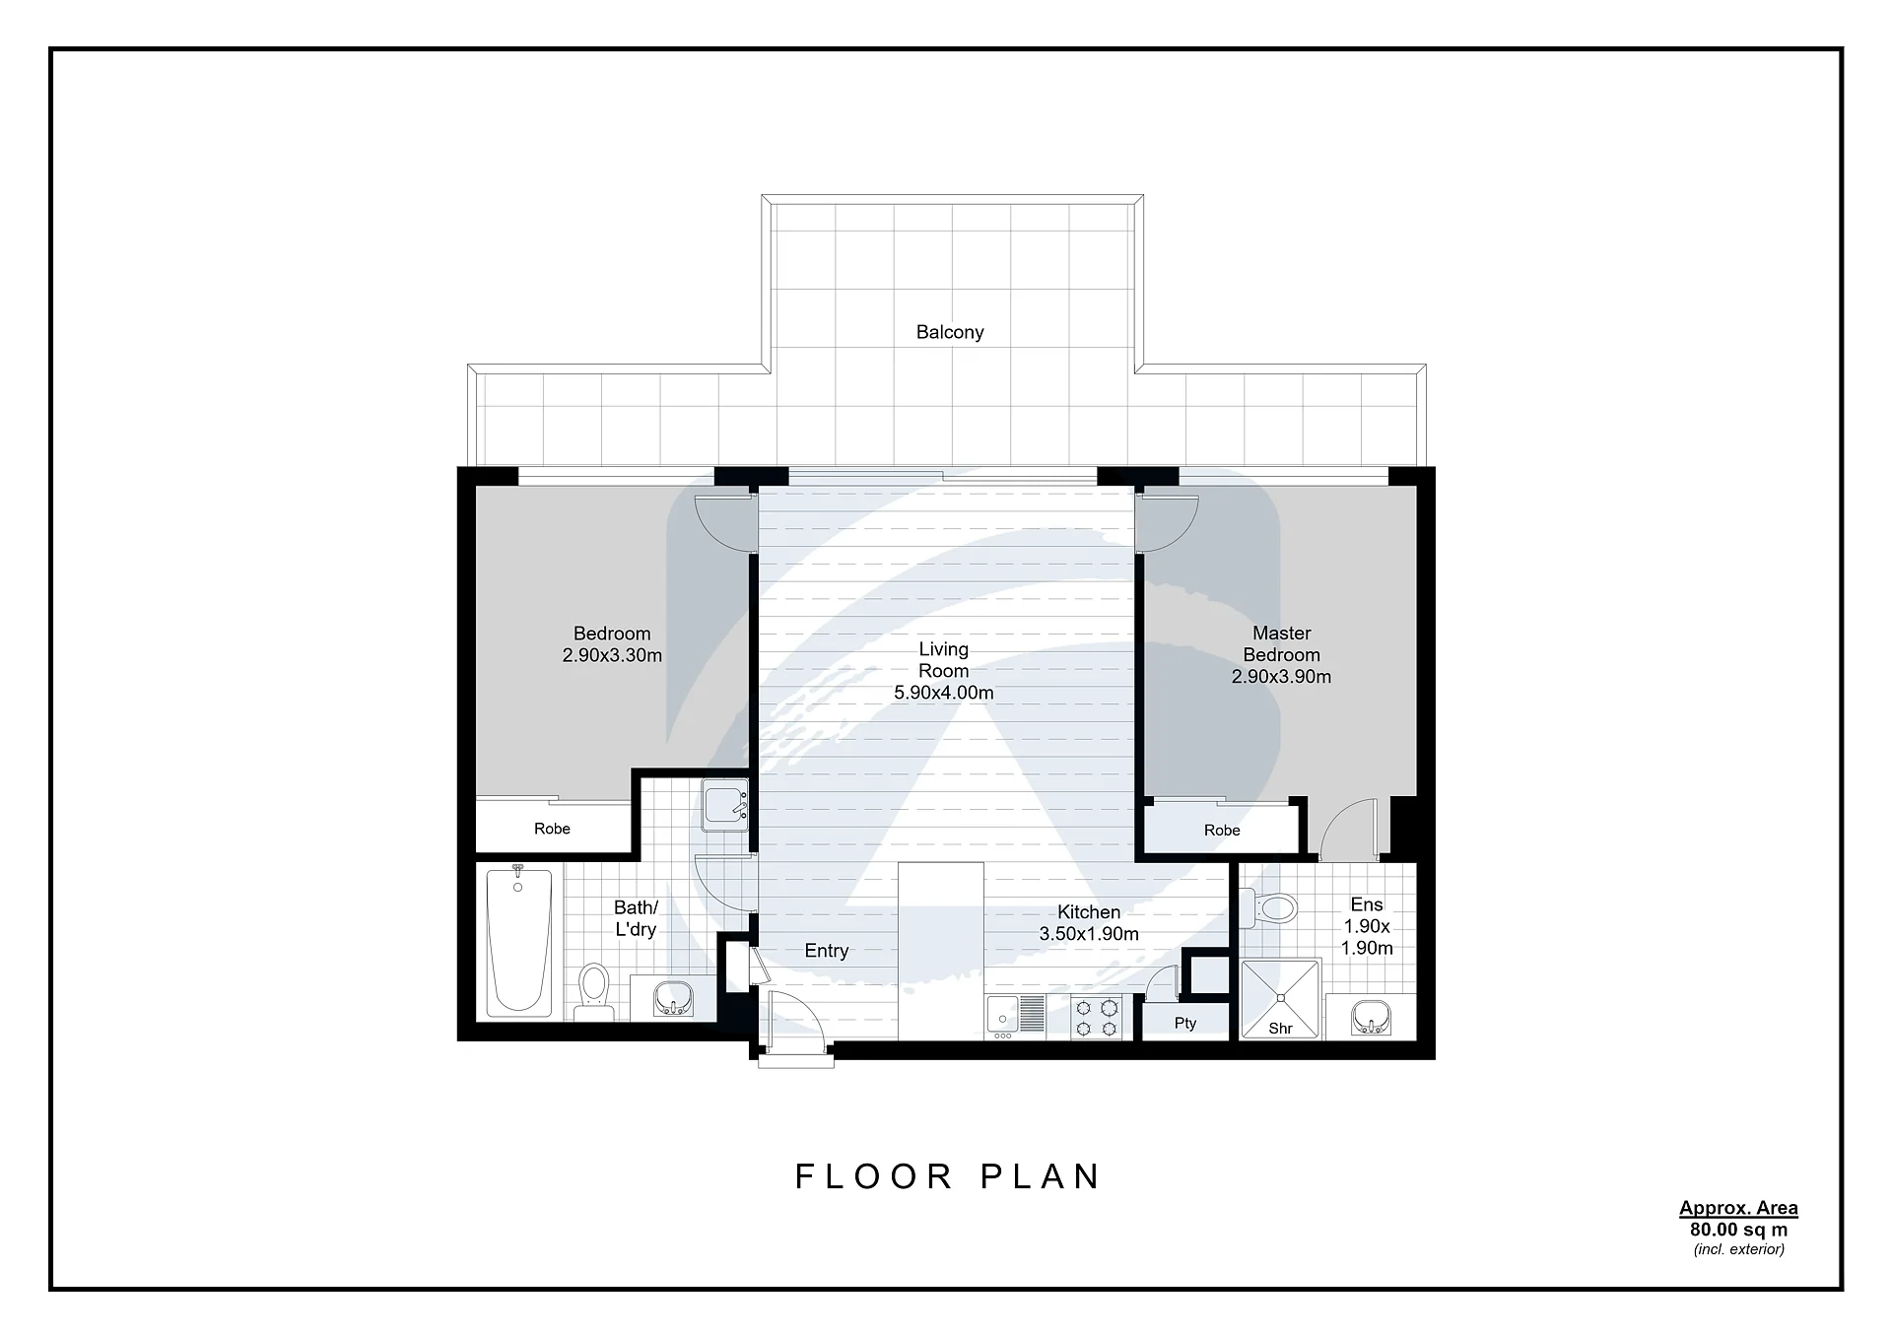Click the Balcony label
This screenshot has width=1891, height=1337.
pyautogui.click(x=950, y=332)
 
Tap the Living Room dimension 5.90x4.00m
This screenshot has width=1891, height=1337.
pyautogui.click(x=943, y=693)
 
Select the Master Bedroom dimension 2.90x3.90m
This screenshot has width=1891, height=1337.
pyautogui.click(x=1281, y=677)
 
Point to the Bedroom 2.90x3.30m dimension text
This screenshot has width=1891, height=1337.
pyautogui.click(x=612, y=655)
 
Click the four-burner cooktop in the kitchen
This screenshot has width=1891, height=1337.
pyautogui.click(x=1097, y=1018)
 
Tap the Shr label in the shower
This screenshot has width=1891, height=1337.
pyautogui.click(x=1280, y=1029)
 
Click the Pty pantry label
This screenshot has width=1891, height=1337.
pyautogui.click(x=1185, y=1024)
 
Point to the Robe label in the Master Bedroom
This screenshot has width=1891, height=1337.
pyautogui.click(x=1222, y=831)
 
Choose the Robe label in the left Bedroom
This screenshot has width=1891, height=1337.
pyautogui.click(x=552, y=829)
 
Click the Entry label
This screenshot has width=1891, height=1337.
pyautogui.click(x=826, y=951)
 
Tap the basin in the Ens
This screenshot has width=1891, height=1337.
pyautogui.click(x=1371, y=1016)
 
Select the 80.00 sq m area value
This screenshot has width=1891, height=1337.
pyautogui.click(x=1738, y=1230)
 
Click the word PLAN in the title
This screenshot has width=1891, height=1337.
pyautogui.click(x=1041, y=1176)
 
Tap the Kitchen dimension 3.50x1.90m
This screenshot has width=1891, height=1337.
pyautogui.click(x=1089, y=934)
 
